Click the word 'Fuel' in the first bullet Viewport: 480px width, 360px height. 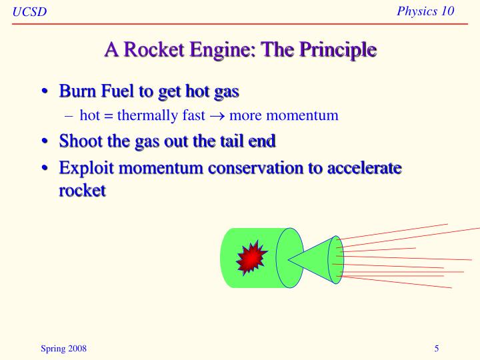(119, 90)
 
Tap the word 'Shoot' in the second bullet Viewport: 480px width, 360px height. (81, 141)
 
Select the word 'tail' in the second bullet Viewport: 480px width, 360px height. (224, 141)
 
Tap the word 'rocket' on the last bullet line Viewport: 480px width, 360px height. (82, 190)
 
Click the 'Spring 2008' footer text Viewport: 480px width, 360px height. (63, 349)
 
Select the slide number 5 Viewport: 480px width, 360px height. (436, 349)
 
